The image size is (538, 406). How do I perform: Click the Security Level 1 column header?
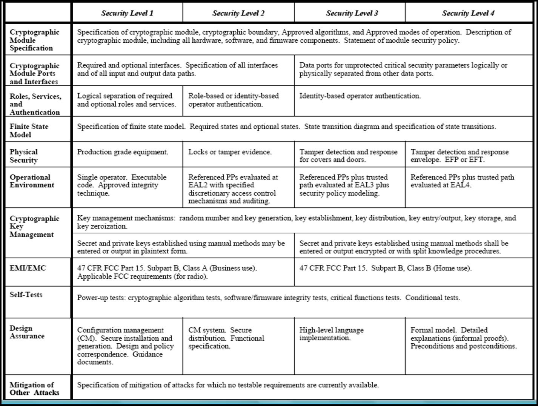point(127,13)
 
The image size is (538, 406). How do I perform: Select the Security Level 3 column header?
point(352,13)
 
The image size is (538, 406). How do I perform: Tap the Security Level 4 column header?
point(468,13)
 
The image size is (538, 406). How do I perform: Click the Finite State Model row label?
point(29,130)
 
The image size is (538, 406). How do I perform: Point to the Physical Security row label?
point(24,156)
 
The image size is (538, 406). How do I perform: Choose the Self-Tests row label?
point(26,295)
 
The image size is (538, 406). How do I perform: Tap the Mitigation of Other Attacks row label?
point(34,389)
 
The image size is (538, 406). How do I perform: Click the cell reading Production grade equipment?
point(123,152)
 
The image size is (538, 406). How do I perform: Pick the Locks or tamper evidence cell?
point(230,152)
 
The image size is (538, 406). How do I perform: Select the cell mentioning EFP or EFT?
point(460,156)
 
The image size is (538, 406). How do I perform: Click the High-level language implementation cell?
point(331,334)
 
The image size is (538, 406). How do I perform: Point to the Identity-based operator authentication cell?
point(360,96)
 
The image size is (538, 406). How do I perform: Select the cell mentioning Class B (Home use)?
point(385,268)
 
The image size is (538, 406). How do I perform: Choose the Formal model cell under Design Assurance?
point(463,338)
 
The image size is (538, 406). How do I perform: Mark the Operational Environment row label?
point(32,181)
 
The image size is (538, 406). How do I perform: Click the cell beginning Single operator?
point(121,185)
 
